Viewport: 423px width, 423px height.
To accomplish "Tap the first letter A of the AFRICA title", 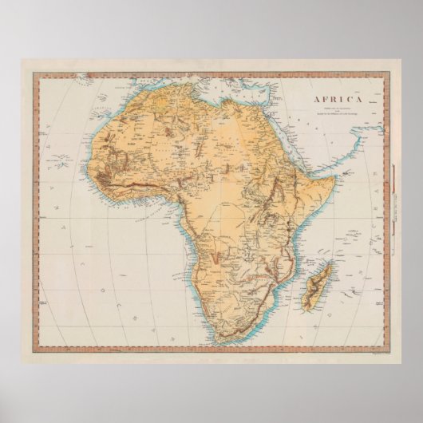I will pyautogui.click(x=318, y=100).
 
